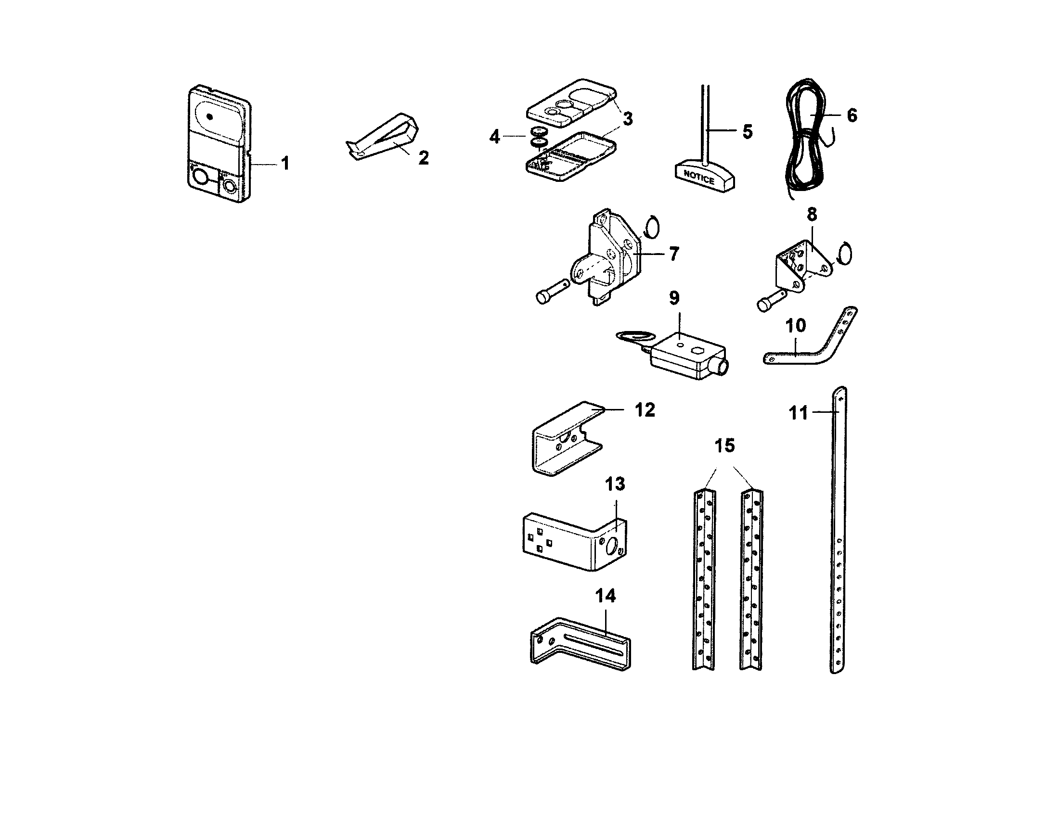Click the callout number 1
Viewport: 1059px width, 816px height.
[x=285, y=164]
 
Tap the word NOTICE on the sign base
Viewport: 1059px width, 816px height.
[x=699, y=178]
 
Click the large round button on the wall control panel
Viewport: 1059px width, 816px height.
[x=199, y=178]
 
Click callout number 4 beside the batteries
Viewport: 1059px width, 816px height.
[x=494, y=137]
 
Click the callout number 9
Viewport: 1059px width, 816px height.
[x=674, y=298]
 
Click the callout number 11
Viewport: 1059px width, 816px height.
[x=798, y=413]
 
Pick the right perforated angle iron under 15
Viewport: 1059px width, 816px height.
[x=751, y=582]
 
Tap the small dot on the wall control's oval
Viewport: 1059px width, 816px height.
[x=209, y=117]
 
